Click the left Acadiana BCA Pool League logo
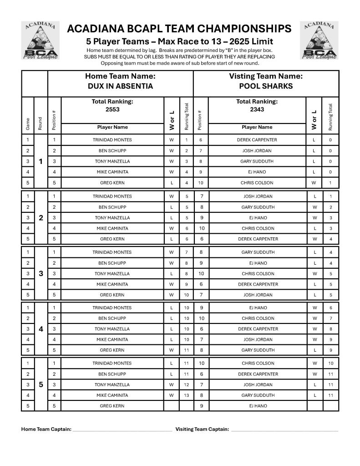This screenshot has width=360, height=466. (x=41, y=40)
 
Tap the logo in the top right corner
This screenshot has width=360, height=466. (x=319, y=40)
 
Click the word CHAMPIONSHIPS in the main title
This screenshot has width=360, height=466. (x=238, y=29)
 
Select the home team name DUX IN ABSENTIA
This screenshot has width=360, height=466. (x=120, y=86)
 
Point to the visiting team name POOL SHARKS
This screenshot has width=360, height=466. (x=266, y=86)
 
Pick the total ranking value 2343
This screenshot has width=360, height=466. (x=257, y=109)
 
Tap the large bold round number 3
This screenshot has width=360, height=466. (x=41, y=273)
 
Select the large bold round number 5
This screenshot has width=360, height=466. (x=41, y=384)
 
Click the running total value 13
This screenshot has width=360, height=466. (x=187, y=395)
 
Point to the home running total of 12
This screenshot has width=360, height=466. (x=187, y=384)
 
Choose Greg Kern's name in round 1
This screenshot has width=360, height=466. (x=112, y=183)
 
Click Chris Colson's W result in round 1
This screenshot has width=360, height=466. (x=314, y=183)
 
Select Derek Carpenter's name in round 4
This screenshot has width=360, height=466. (x=258, y=329)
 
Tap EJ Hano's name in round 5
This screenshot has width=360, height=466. (x=258, y=406)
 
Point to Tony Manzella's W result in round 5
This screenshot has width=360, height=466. (x=172, y=384)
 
